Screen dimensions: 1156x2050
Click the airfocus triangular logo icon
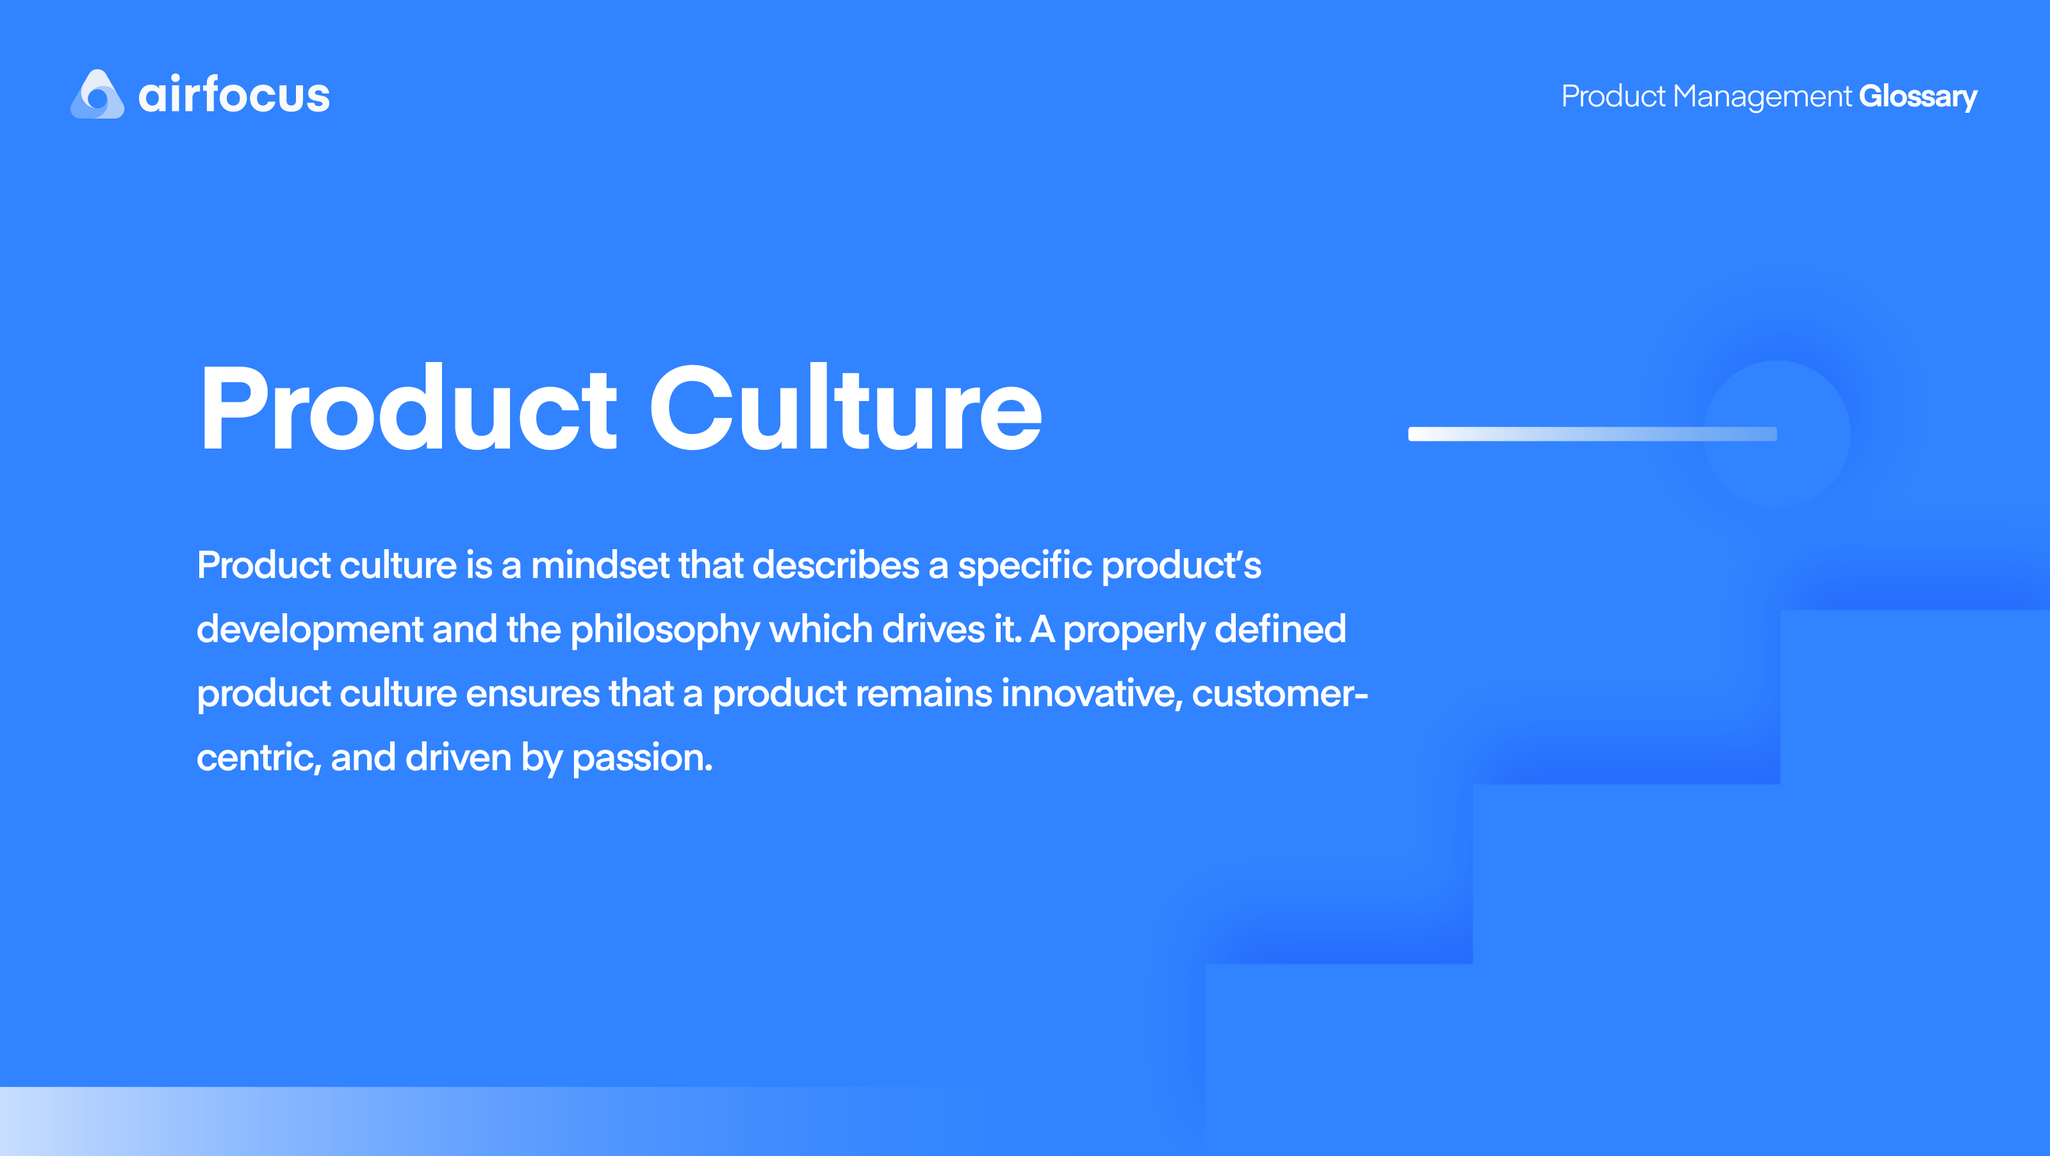click(97, 95)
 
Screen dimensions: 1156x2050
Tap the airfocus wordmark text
click(234, 95)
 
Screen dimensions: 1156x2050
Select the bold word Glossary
click(1917, 96)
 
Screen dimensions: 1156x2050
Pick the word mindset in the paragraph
click(600, 565)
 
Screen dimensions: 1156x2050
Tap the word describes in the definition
click(835, 565)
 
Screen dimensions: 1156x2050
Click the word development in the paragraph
click(309, 630)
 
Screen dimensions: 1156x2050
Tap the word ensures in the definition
click(532, 694)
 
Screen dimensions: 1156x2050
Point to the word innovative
click(1091, 693)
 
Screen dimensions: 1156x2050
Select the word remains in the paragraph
click(923, 693)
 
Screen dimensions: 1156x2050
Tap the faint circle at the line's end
click(1807, 434)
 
